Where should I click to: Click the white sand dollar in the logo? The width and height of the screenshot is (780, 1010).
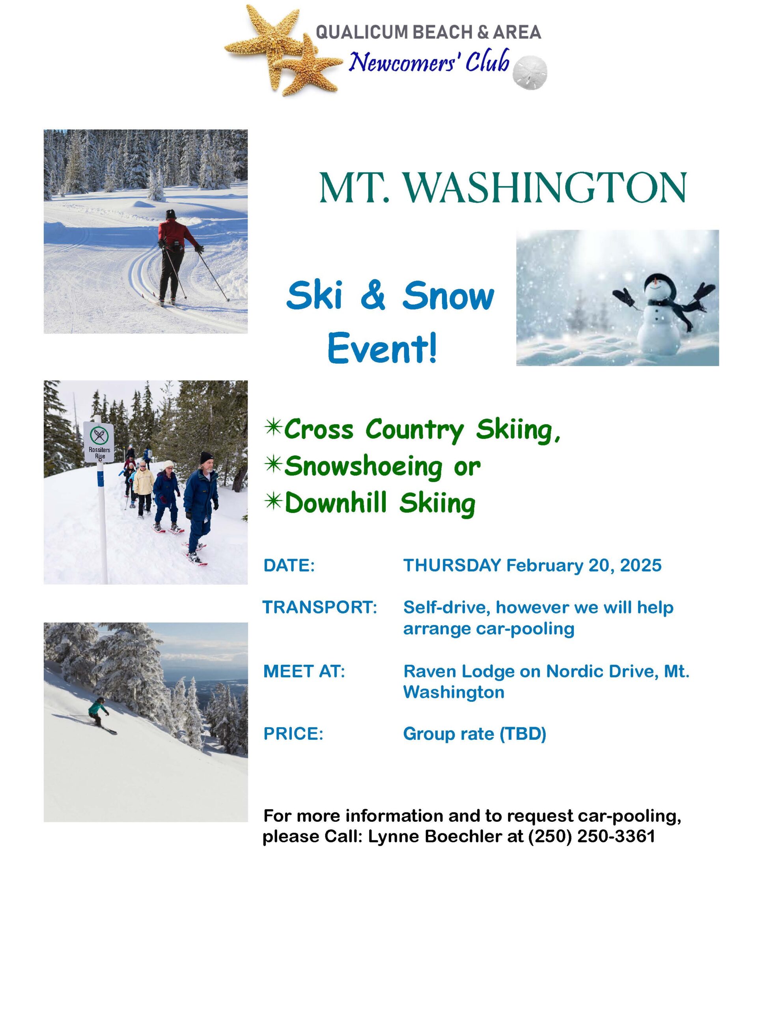530,73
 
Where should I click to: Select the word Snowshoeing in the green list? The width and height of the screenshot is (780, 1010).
363,467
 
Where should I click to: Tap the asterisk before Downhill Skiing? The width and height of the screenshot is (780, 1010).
273,501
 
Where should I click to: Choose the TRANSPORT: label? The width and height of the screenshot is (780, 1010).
320,607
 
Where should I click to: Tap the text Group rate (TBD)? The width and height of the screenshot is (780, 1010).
474,734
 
